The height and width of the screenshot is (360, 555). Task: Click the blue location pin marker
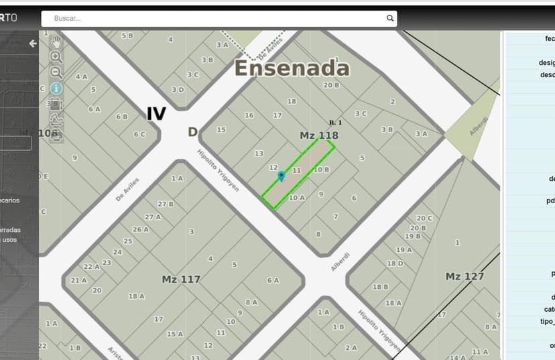(282, 176)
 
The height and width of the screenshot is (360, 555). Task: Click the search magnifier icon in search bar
(389, 19)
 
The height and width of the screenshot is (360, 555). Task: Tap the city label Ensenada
(292, 68)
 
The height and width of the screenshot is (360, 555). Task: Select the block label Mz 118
(318, 136)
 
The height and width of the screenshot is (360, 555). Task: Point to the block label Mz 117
(181, 279)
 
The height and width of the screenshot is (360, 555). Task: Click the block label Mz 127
(465, 276)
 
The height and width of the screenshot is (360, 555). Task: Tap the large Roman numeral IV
(156, 114)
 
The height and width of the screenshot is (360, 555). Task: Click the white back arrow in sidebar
(32, 44)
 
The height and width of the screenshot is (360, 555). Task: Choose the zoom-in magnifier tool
(56, 57)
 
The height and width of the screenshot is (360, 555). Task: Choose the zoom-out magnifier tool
(56, 72)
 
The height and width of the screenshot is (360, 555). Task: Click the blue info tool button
(56, 88)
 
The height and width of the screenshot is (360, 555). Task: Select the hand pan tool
(56, 42)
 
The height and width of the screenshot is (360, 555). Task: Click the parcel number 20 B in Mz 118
(331, 85)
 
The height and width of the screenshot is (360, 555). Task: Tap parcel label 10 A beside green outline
(297, 198)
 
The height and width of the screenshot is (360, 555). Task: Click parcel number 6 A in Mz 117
(273, 280)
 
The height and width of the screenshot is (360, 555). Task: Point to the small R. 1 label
(335, 123)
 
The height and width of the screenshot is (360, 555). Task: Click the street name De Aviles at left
(127, 188)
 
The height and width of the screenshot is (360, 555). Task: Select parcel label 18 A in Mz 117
(137, 296)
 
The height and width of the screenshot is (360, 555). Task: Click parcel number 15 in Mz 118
(221, 129)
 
